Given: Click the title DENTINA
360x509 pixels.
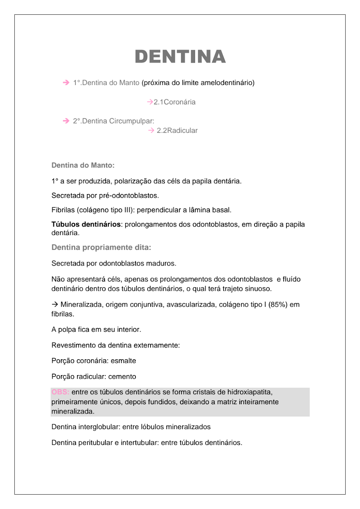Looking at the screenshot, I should (180, 57).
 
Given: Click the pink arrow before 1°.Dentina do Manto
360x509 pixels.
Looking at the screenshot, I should (66, 83).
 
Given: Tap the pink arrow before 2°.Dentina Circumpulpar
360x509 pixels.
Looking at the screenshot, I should (66, 121).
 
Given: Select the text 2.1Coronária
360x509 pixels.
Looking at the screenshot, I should (175, 102).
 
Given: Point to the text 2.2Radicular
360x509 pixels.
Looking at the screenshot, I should (177, 131).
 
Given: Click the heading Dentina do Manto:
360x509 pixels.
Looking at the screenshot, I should (83, 166).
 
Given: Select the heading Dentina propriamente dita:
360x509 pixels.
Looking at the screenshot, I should (101, 248).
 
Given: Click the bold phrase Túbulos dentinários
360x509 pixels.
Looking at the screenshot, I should (86, 225).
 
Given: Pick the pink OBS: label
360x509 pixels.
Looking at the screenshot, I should (60, 392).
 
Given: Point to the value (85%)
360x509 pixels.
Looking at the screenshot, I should (278, 305).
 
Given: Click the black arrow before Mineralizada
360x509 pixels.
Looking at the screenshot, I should (55, 305).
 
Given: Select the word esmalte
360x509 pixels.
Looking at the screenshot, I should (123, 361).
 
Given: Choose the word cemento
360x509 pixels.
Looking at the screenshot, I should (122, 377).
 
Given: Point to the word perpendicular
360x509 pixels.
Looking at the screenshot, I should (159, 210).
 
